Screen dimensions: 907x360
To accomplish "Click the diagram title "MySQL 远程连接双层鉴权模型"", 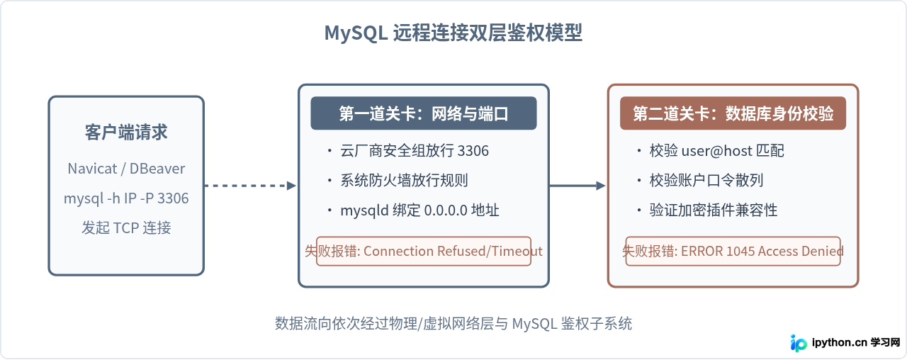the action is [x=453, y=33].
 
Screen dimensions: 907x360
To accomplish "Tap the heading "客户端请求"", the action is [x=126, y=132].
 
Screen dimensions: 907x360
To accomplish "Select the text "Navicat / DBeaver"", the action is [x=126, y=169].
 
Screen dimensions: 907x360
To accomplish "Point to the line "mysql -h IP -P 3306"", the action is [x=126, y=198].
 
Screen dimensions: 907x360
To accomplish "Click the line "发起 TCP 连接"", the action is [x=126, y=228].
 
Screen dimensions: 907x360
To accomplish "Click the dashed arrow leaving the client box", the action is [x=250, y=186].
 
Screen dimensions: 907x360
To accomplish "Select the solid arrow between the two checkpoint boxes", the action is [x=578, y=186].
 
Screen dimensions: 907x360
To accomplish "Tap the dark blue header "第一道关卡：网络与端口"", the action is [x=424, y=113].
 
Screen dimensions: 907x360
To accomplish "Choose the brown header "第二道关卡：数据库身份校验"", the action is [x=733, y=113].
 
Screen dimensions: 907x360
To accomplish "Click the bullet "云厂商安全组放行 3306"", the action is [x=408, y=151].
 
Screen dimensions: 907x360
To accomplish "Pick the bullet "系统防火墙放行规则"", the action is [x=398, y=180].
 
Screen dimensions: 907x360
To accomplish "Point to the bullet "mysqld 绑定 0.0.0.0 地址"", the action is [x=413, y=210].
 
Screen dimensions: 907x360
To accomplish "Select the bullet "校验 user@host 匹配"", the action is [x=711, y=151].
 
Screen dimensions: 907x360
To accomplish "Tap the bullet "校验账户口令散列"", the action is [x=700, y=180].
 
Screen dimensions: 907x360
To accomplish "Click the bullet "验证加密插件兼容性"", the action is [x=707, y=210].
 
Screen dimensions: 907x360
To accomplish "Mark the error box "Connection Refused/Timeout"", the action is [x=424, y=251].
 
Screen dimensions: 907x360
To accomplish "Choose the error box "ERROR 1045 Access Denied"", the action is [x=733, y=251].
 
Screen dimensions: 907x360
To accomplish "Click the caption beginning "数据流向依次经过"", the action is [x=453, y=324].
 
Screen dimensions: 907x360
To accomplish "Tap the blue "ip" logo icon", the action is [x=798, y=343].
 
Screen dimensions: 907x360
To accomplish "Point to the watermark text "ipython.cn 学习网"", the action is [x=856, y=342].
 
